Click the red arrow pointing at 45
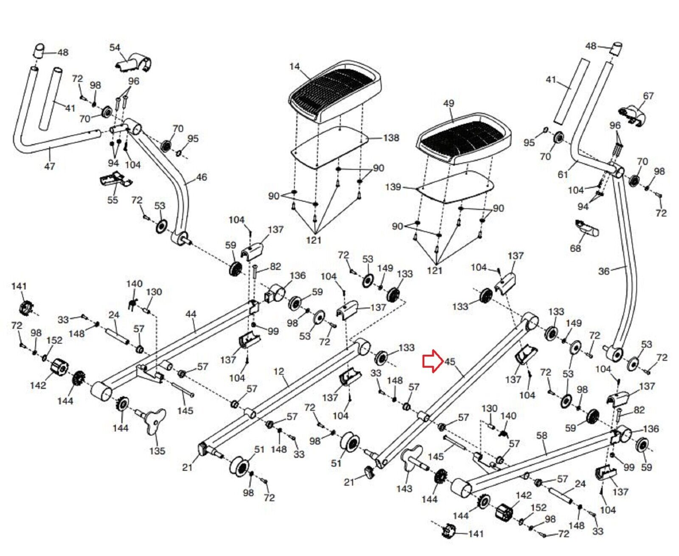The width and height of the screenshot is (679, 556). [432, 361]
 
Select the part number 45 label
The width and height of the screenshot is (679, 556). [449, 361]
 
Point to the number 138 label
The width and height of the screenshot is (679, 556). [391, 138]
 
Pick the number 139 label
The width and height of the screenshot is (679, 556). [393, 187]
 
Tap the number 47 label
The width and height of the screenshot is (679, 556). [50, 166]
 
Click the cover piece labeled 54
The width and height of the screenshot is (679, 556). [135, 62]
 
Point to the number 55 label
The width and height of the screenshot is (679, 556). [112, 200]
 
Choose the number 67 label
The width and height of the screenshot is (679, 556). [648, 96]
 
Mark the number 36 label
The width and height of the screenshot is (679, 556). [603, 271]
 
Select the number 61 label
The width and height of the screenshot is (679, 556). [563, 174]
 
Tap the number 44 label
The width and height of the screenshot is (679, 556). [191, 314]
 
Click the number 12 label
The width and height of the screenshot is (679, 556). [278, 372]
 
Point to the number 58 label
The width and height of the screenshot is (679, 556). [542, 435]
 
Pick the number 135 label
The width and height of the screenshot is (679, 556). [157, 450]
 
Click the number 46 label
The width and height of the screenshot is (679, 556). [202, 177]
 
